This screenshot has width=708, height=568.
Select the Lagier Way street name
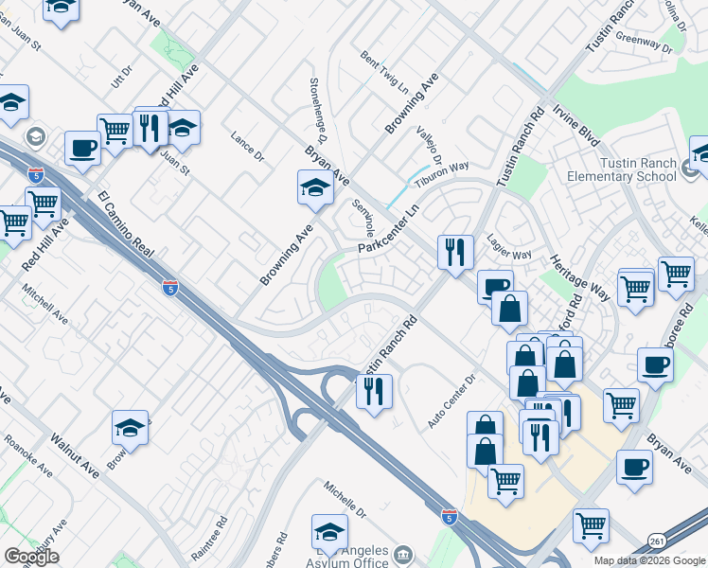coord(509,247)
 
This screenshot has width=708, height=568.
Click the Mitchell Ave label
coord(45,303)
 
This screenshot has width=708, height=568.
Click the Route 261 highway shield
coord(657,540)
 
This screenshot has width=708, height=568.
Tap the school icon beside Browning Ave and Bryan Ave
coord(315,188)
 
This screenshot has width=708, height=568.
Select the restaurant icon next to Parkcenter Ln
coord(455,252)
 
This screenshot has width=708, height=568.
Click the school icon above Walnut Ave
coord(130,428)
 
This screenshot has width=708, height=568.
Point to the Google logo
coord(31,557)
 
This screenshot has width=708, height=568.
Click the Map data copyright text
coord(648,560)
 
